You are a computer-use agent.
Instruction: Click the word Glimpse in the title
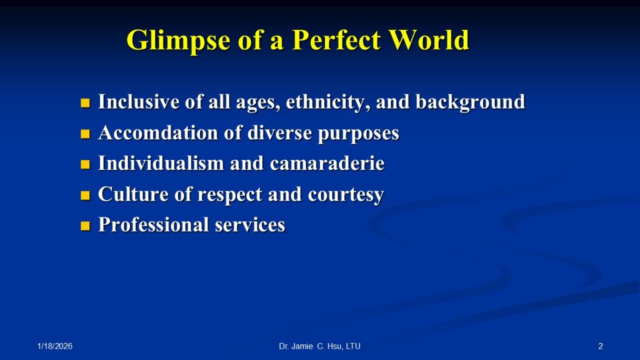tap(178, 41)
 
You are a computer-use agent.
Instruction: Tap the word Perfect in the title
tap(336, 39)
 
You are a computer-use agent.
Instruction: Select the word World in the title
tap(429, 39)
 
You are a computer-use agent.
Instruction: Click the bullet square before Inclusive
tap(85, 103)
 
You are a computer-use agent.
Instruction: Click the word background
tap(470, 102)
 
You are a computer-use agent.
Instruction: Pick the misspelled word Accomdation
tap(158, 132)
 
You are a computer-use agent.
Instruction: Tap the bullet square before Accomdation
tap(85, 134)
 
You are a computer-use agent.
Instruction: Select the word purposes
tap(358, 134)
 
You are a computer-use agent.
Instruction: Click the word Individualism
tap(161, 163)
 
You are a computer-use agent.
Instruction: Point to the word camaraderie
tap(327, 163)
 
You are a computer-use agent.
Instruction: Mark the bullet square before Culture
tap(85, 195)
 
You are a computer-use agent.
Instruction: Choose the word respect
tap(230, 195)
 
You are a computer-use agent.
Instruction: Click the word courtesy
tap(346, 195)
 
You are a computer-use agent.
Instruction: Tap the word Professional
tap(154, 225)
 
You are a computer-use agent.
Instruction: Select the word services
tap(250, 225)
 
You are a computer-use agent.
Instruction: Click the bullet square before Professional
tap(85, 226)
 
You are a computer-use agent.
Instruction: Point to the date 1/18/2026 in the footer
tap(55, 346)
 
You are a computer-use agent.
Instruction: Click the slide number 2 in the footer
tap(601, 346)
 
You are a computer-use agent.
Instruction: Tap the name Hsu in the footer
tap(335, 346)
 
